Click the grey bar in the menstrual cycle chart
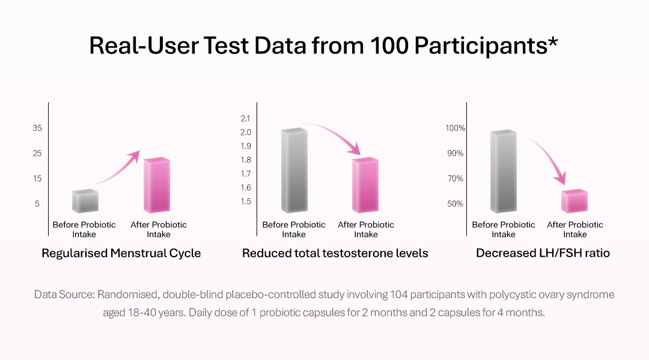click(x=85, y=201)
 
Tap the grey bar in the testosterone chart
click(x=294, y=171)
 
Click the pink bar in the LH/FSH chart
click(x=574, y=201)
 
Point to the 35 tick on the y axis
click(x=37, y=128)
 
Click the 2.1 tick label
click(x=245, y=118)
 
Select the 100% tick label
click(x=455, y=128)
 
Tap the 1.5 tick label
click(x=245, y=201)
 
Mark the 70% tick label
click(x=455, y=178)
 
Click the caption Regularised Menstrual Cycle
click(x=121, y=253)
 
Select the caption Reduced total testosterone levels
click(x=335, y=253)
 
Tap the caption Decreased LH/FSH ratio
click(x=543, y=253)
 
